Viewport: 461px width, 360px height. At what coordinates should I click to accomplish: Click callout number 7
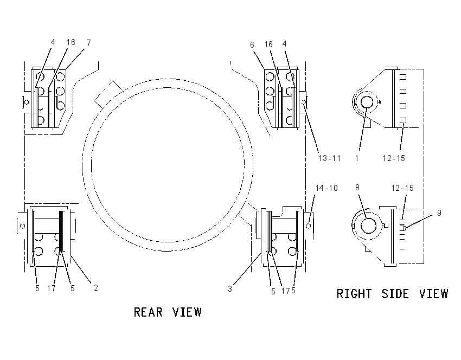89,43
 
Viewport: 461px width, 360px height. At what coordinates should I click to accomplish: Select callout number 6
252,44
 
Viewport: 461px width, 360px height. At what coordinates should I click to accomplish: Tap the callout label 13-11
330,158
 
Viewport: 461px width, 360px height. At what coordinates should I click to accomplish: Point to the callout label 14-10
326,188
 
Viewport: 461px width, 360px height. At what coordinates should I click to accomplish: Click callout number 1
357,158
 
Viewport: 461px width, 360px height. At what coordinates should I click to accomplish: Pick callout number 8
357,188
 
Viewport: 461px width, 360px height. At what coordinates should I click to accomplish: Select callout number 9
439,213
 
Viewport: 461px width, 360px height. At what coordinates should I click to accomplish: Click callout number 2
96,288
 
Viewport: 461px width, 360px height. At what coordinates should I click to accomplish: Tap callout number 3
230,289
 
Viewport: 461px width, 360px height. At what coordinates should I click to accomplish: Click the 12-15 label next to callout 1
394,158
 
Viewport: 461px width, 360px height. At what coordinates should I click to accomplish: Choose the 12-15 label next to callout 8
402,188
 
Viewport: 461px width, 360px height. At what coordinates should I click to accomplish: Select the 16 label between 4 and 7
71,42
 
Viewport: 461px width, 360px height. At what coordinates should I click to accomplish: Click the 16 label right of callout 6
268,44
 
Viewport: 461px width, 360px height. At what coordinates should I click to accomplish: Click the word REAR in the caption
148,312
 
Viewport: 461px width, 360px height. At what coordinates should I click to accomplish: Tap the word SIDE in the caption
395,294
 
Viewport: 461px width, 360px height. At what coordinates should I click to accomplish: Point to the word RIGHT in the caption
354,294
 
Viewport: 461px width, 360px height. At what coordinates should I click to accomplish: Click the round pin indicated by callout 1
367,102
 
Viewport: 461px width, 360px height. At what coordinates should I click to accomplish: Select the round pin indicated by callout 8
368,226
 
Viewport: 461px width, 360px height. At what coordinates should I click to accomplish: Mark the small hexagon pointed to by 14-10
308,226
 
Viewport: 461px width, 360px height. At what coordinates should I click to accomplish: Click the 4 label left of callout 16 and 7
53,42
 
